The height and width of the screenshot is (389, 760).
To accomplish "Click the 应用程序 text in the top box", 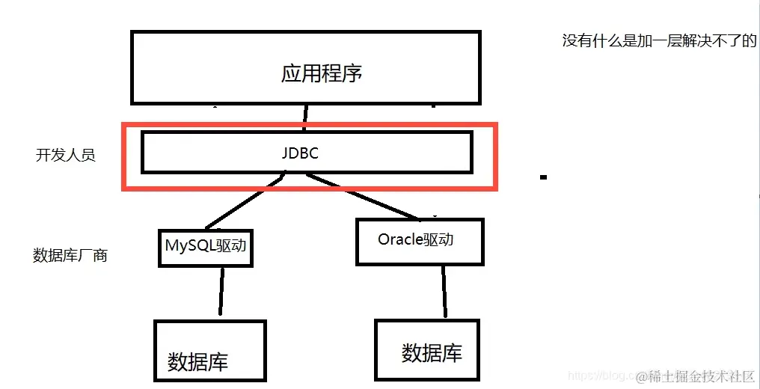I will pos(322,73).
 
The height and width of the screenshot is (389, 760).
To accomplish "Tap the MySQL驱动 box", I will pos(206,247).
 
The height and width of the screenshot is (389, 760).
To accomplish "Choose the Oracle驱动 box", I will pos(420,242).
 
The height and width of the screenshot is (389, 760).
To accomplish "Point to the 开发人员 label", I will pos(66,156).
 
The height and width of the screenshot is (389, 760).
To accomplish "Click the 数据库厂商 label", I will pos(70,255).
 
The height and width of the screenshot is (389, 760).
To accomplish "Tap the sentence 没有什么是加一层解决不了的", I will pos(659,41).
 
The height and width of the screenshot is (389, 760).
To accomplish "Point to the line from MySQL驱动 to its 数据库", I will pos(221,292).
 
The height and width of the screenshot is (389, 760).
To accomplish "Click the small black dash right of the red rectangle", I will pos(543,177).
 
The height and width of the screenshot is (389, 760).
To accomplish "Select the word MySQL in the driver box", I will pos(187,245).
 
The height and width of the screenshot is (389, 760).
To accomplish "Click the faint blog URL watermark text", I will pos(598,374).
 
